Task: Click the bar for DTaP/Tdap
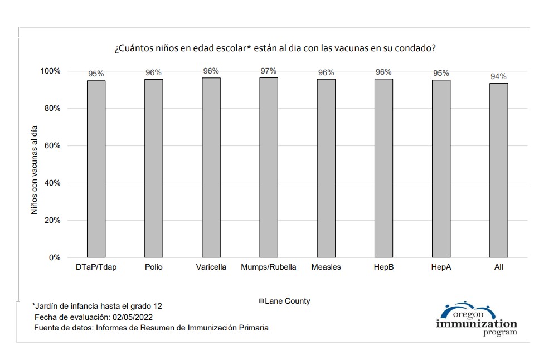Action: point(96,169)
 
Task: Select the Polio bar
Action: point(154,168)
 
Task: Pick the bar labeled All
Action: point(498,170)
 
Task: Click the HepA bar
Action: point(441,169)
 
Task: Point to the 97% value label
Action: point(269,71)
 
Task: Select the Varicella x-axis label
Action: point(211,267)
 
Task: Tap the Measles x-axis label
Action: point(326,267)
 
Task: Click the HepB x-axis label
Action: point(383,267)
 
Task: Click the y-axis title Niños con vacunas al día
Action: point(35,170)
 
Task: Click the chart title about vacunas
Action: point(275,48)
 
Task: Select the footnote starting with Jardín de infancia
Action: point(98,307)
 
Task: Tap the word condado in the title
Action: point(415,48)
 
